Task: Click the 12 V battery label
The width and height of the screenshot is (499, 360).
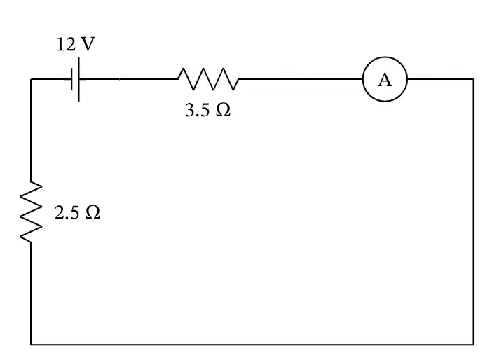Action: tap(76, 44)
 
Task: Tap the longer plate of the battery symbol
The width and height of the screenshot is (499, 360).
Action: tap(78, 79)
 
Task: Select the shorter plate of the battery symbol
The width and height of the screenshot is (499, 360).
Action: tap(72, 79)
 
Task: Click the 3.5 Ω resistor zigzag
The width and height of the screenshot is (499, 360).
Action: tap(208, 79)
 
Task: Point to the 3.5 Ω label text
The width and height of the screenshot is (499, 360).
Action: tap(208, 111)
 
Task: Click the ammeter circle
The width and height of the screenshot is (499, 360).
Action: tap(385, 57)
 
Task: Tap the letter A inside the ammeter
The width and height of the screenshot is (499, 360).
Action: tap(385, 80)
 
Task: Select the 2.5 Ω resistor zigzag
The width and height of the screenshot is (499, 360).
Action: tap(31, 212)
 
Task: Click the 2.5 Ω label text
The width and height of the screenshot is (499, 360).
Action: tap(77, 212)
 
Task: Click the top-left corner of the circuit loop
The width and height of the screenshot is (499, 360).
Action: tap(31, 79)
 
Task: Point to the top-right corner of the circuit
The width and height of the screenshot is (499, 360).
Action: tap(474, 79)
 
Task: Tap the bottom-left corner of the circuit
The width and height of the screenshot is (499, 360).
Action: tap(31, 344)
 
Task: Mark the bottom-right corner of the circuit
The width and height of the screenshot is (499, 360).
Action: tap(474, 344)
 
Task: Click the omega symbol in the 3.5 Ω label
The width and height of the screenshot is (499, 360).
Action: tap(223, 111)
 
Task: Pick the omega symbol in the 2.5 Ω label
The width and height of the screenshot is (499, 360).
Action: tap(93, 212)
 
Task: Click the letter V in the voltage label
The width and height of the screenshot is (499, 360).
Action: tap(88, 44)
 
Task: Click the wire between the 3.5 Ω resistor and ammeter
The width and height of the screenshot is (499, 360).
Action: tap(301, 79)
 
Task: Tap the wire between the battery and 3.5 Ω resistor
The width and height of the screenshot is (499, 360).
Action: tap(128, 79)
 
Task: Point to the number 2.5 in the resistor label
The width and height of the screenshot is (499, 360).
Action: tap(67, 212)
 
